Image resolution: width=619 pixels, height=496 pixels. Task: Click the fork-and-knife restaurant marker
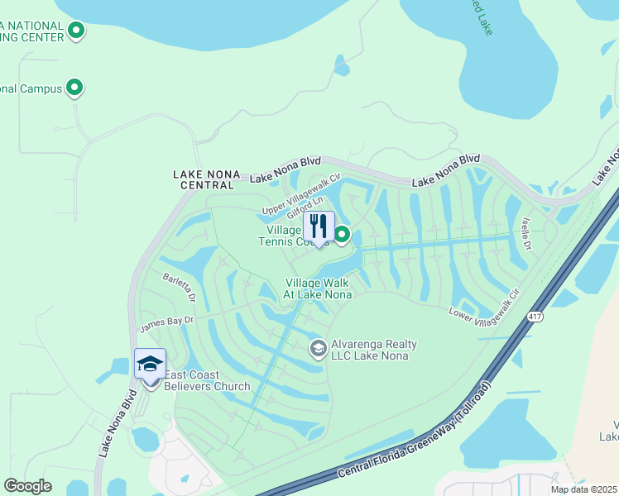point(319,227)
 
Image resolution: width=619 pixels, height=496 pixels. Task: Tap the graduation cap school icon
point(151,365)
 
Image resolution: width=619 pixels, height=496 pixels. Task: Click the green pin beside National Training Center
point(76,32)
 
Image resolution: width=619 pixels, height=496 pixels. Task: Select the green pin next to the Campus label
point(74,87)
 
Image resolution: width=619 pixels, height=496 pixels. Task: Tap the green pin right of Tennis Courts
point(342,236)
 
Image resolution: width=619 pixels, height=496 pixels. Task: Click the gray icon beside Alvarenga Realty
point(318,350)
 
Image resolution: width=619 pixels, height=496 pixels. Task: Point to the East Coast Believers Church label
point(207,380)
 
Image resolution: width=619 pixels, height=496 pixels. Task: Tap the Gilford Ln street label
point(306,207)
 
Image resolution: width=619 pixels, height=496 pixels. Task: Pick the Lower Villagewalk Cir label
point(484,304)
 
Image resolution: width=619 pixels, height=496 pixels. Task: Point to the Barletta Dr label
point(179,287)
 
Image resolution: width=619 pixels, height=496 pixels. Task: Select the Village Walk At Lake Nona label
point(319,289)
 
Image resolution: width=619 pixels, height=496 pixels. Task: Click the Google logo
point(27,486)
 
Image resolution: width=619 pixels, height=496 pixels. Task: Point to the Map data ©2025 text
point(583,489)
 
